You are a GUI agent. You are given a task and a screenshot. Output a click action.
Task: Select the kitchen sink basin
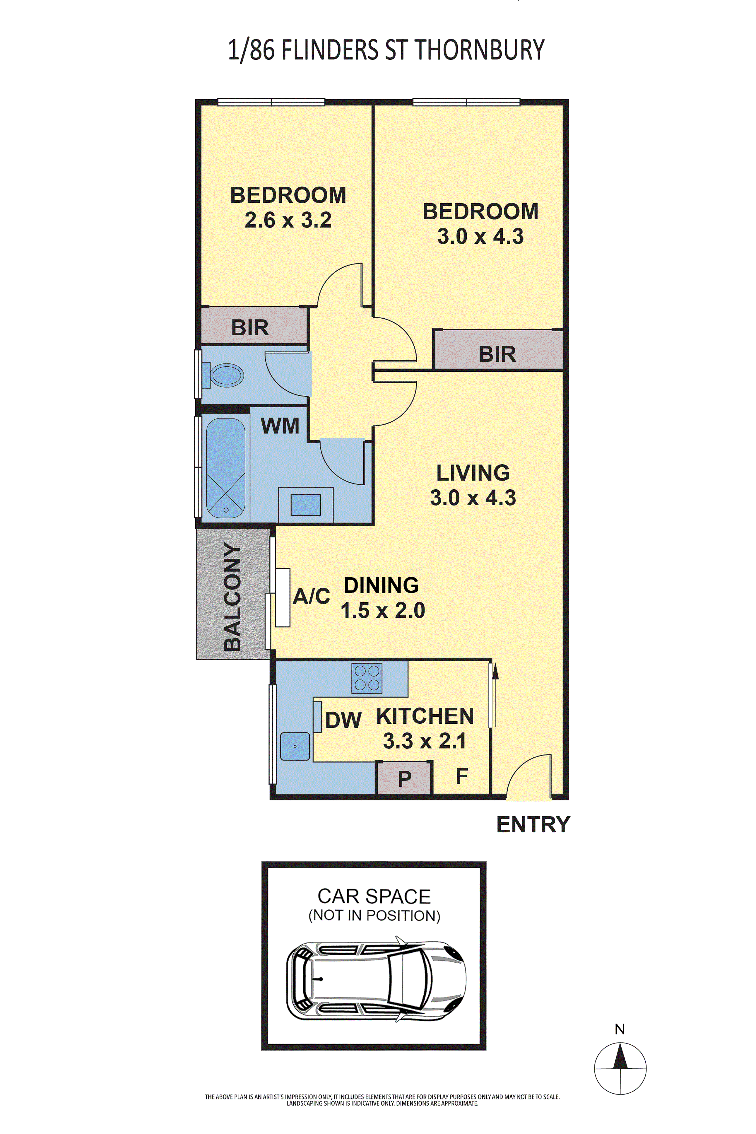[295, 746]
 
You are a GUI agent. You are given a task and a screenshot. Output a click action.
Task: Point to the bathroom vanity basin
[306, 505]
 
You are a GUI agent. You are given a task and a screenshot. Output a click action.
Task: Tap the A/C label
[312, 596]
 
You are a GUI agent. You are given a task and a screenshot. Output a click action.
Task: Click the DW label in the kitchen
[343, 720]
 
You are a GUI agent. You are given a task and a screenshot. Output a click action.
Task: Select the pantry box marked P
[404, 777]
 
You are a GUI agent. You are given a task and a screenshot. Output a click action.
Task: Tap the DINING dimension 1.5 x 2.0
[383, 610]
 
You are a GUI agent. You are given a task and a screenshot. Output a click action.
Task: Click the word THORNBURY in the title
[480, 50]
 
